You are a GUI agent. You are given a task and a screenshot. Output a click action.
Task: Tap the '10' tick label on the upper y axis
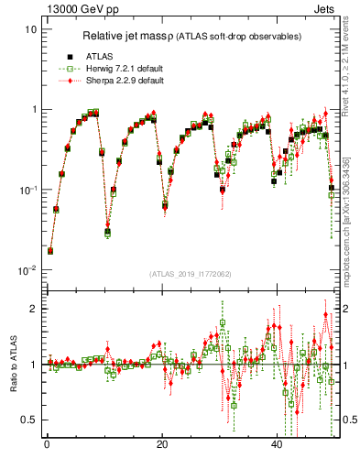[x=31, y=29]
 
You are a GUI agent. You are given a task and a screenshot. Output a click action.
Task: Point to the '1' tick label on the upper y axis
[x=34, y=110]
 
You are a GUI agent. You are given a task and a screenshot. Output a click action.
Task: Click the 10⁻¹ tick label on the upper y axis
[x=28, y=190]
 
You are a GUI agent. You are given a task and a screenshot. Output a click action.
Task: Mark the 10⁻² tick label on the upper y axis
[x=28, y=270]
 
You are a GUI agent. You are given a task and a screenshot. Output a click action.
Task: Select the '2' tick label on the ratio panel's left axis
[x=34, y=309]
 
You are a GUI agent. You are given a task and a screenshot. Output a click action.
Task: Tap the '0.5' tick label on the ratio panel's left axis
[x=30, y=420]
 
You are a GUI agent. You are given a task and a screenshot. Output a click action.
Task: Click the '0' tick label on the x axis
[x=47, y=443]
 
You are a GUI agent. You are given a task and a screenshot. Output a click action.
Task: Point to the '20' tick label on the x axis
[x=161, y=443]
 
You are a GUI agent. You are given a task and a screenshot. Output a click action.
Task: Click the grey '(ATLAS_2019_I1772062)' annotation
[x=191, y=274]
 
